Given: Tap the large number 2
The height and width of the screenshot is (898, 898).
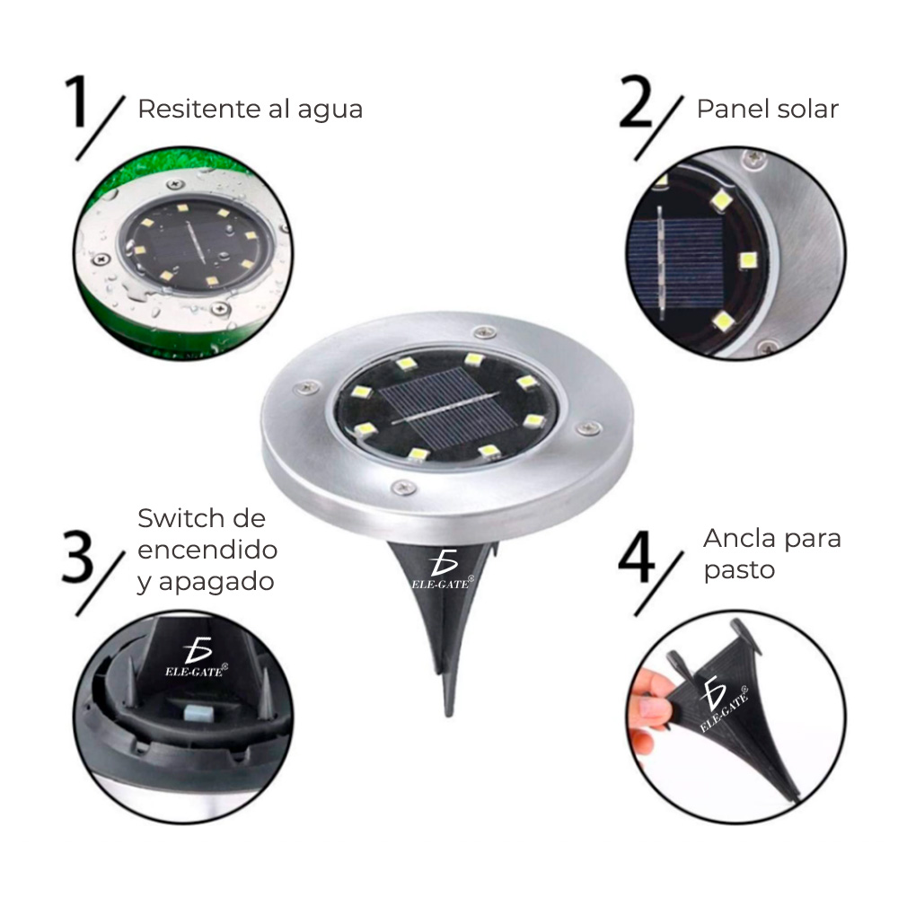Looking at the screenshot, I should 641,105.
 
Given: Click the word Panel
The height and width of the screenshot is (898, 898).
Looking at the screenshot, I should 733,110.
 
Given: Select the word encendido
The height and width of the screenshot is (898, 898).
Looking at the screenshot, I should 207,550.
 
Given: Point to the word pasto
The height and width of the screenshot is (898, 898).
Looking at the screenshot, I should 739,571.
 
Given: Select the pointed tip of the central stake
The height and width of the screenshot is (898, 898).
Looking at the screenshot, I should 450,709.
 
